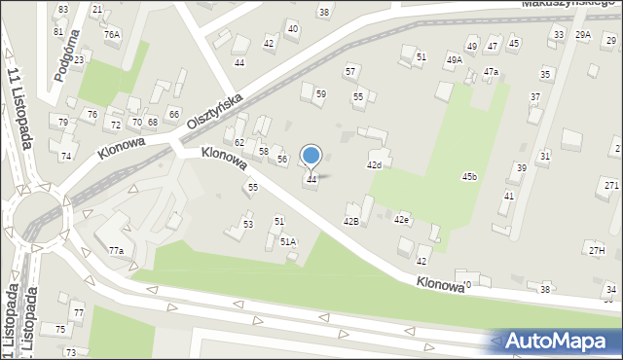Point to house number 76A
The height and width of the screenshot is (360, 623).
click(112, 34)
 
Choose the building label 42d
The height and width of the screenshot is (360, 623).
click(374, 165)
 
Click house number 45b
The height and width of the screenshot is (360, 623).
click(469, 176)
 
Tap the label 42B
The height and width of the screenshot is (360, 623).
click(351, 222)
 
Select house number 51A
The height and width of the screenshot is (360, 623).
click(288, 241)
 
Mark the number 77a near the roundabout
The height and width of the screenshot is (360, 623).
click(116, 250)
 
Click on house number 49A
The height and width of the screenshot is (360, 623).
click(454, 59)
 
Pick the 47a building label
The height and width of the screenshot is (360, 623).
click(491, 72)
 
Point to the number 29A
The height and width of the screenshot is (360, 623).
click(583, 35)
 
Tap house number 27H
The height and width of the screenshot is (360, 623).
click(596, 251)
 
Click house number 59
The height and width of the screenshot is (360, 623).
click(320, 93)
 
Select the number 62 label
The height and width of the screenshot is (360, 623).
click(238, 143)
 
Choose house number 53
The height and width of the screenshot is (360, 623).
click(248, 225)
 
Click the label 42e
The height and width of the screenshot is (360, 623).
click(401, 220)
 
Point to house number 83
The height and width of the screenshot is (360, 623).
click(63, 9)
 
